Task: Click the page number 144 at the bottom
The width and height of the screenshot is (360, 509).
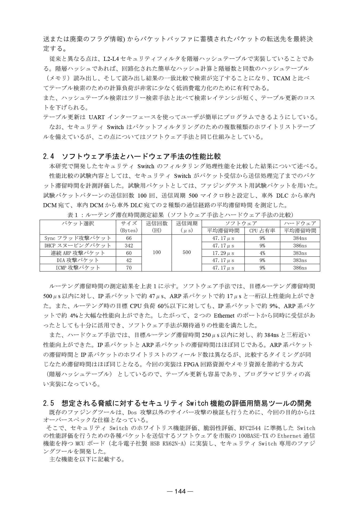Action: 180,491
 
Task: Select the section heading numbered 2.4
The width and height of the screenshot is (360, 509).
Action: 132,156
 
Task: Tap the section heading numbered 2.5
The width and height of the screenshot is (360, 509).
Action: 177,403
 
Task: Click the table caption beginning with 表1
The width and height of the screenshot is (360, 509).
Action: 180,215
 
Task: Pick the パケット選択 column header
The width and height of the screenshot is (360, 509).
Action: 78,223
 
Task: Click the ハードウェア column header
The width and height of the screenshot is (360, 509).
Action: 300,223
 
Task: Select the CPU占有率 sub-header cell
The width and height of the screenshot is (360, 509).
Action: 262,231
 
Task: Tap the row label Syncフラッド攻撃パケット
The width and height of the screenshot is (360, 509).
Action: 78,238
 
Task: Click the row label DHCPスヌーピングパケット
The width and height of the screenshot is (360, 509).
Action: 78,246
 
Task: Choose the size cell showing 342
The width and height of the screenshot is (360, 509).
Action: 129,246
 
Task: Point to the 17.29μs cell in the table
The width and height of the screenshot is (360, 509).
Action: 223,253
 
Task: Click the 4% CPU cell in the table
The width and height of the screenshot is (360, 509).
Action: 262,253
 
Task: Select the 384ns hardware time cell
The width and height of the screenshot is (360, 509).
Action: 300,238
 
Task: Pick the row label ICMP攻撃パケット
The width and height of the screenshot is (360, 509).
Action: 78,268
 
